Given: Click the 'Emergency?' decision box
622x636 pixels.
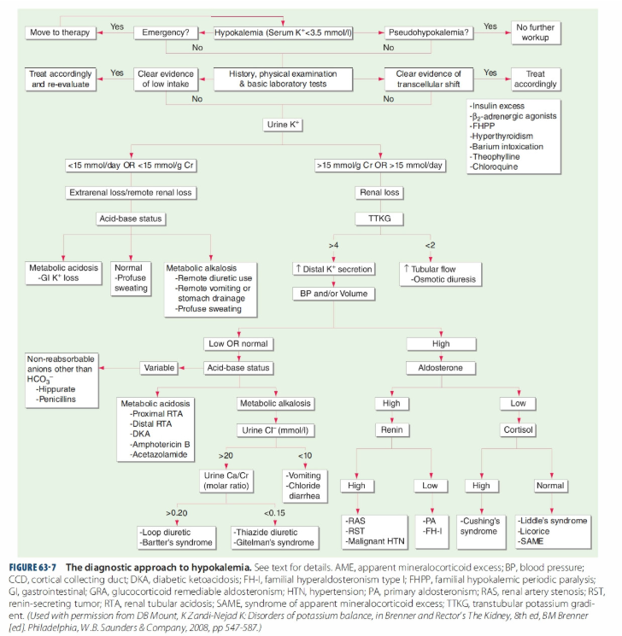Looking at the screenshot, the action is pyautogui.click(x=166, y=32).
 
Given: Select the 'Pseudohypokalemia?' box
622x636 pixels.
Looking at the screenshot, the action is pyautogui.click(x=429, y=32).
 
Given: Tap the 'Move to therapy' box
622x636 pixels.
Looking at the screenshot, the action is pyautogui.click(x=60, y=32).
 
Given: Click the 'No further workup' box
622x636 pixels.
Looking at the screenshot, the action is pyautogui.click(x=536, y=32).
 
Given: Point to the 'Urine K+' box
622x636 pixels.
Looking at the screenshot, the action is pyautogui.click(x=283, y=125).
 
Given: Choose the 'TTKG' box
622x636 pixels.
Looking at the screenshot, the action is pyautogui.click(x=379, y=219).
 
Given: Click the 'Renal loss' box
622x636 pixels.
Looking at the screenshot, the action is pyautogui.click(x=379, y=193).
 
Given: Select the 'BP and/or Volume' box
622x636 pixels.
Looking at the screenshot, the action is pyautogui.click(x=334, y=294).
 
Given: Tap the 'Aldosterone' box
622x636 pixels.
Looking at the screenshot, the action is pyautogui.click(x=441, y=368).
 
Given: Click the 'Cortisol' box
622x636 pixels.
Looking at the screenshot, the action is pyautogui.click(x=518, y=430).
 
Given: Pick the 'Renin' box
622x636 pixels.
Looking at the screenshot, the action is pyautogui.click(x=392, y=430).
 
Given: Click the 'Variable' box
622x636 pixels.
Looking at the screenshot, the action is pyautogui.click(x=159, y=368).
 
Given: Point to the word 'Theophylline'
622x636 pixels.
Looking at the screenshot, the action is pyautogui.click(x=496, y=157).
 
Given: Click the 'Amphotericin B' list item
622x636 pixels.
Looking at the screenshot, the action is pyautogui.click(x=160, y=445).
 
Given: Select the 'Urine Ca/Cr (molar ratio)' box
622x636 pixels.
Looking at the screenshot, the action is pyautogui.click(x=226, y=481).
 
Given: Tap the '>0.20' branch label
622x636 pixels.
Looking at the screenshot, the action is pyautogui.click(x=177, y=513).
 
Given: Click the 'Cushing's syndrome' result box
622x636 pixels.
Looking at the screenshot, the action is pyautogui.click(x=481, y=532).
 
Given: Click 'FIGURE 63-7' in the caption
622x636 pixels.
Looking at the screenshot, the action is pyautogui.click(x=32, y=568).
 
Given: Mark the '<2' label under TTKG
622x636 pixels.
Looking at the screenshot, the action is pyautogui.click(x=430, y=245).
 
